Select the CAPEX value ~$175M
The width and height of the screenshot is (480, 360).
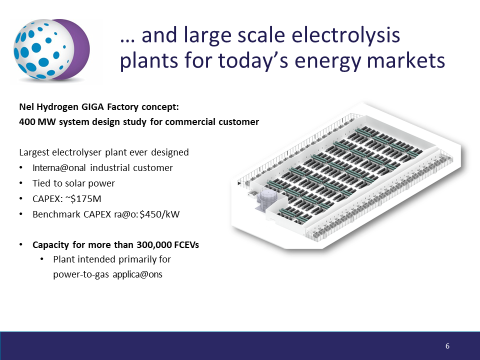(83, 199)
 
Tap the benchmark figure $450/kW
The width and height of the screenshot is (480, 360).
(159, 214)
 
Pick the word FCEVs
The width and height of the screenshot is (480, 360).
(186, 245)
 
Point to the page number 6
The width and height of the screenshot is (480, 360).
(447, 346)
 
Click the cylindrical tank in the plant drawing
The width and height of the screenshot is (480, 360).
(267, 198)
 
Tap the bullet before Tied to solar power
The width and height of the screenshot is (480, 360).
(21, 183)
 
